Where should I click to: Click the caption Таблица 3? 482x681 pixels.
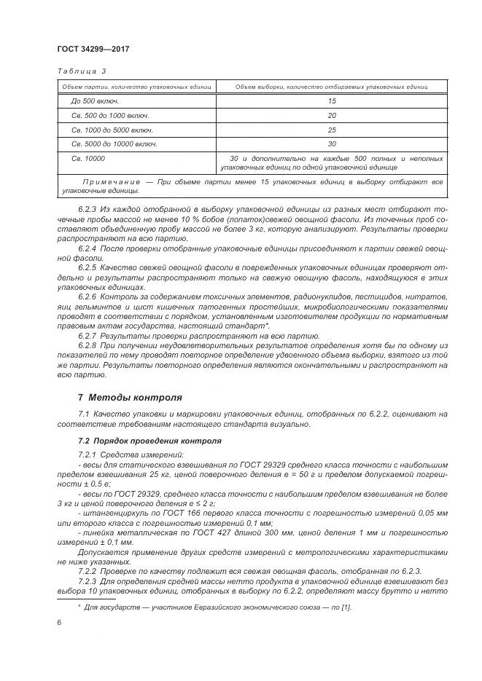[81, 71]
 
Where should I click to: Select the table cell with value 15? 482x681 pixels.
[331, 101]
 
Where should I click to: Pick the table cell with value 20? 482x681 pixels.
[331, 115]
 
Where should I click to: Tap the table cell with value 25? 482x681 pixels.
[331, 130]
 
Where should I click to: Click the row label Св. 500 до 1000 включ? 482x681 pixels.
[110, 115]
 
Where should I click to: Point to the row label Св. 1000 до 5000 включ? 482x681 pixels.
[112, 130]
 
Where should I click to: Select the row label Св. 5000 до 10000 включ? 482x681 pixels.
[114, 143]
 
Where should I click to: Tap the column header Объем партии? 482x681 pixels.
[136, 87]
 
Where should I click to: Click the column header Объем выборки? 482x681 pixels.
[331, 87]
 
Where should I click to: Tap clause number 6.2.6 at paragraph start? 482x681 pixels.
[87, 298]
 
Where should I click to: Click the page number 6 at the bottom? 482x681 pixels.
[59, 621]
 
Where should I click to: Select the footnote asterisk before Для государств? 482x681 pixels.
[79, 605]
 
